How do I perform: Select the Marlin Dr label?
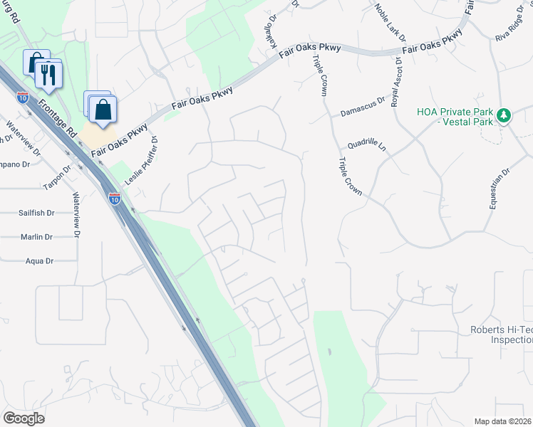coord(38,237)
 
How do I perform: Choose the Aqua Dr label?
coord(39,261)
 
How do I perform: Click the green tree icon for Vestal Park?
coord(504,115)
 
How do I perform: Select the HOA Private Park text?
coord(455,112)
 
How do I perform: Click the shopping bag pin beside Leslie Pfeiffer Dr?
coord(103,110)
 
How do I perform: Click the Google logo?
coord(24,418)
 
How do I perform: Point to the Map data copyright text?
coord(502,421)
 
